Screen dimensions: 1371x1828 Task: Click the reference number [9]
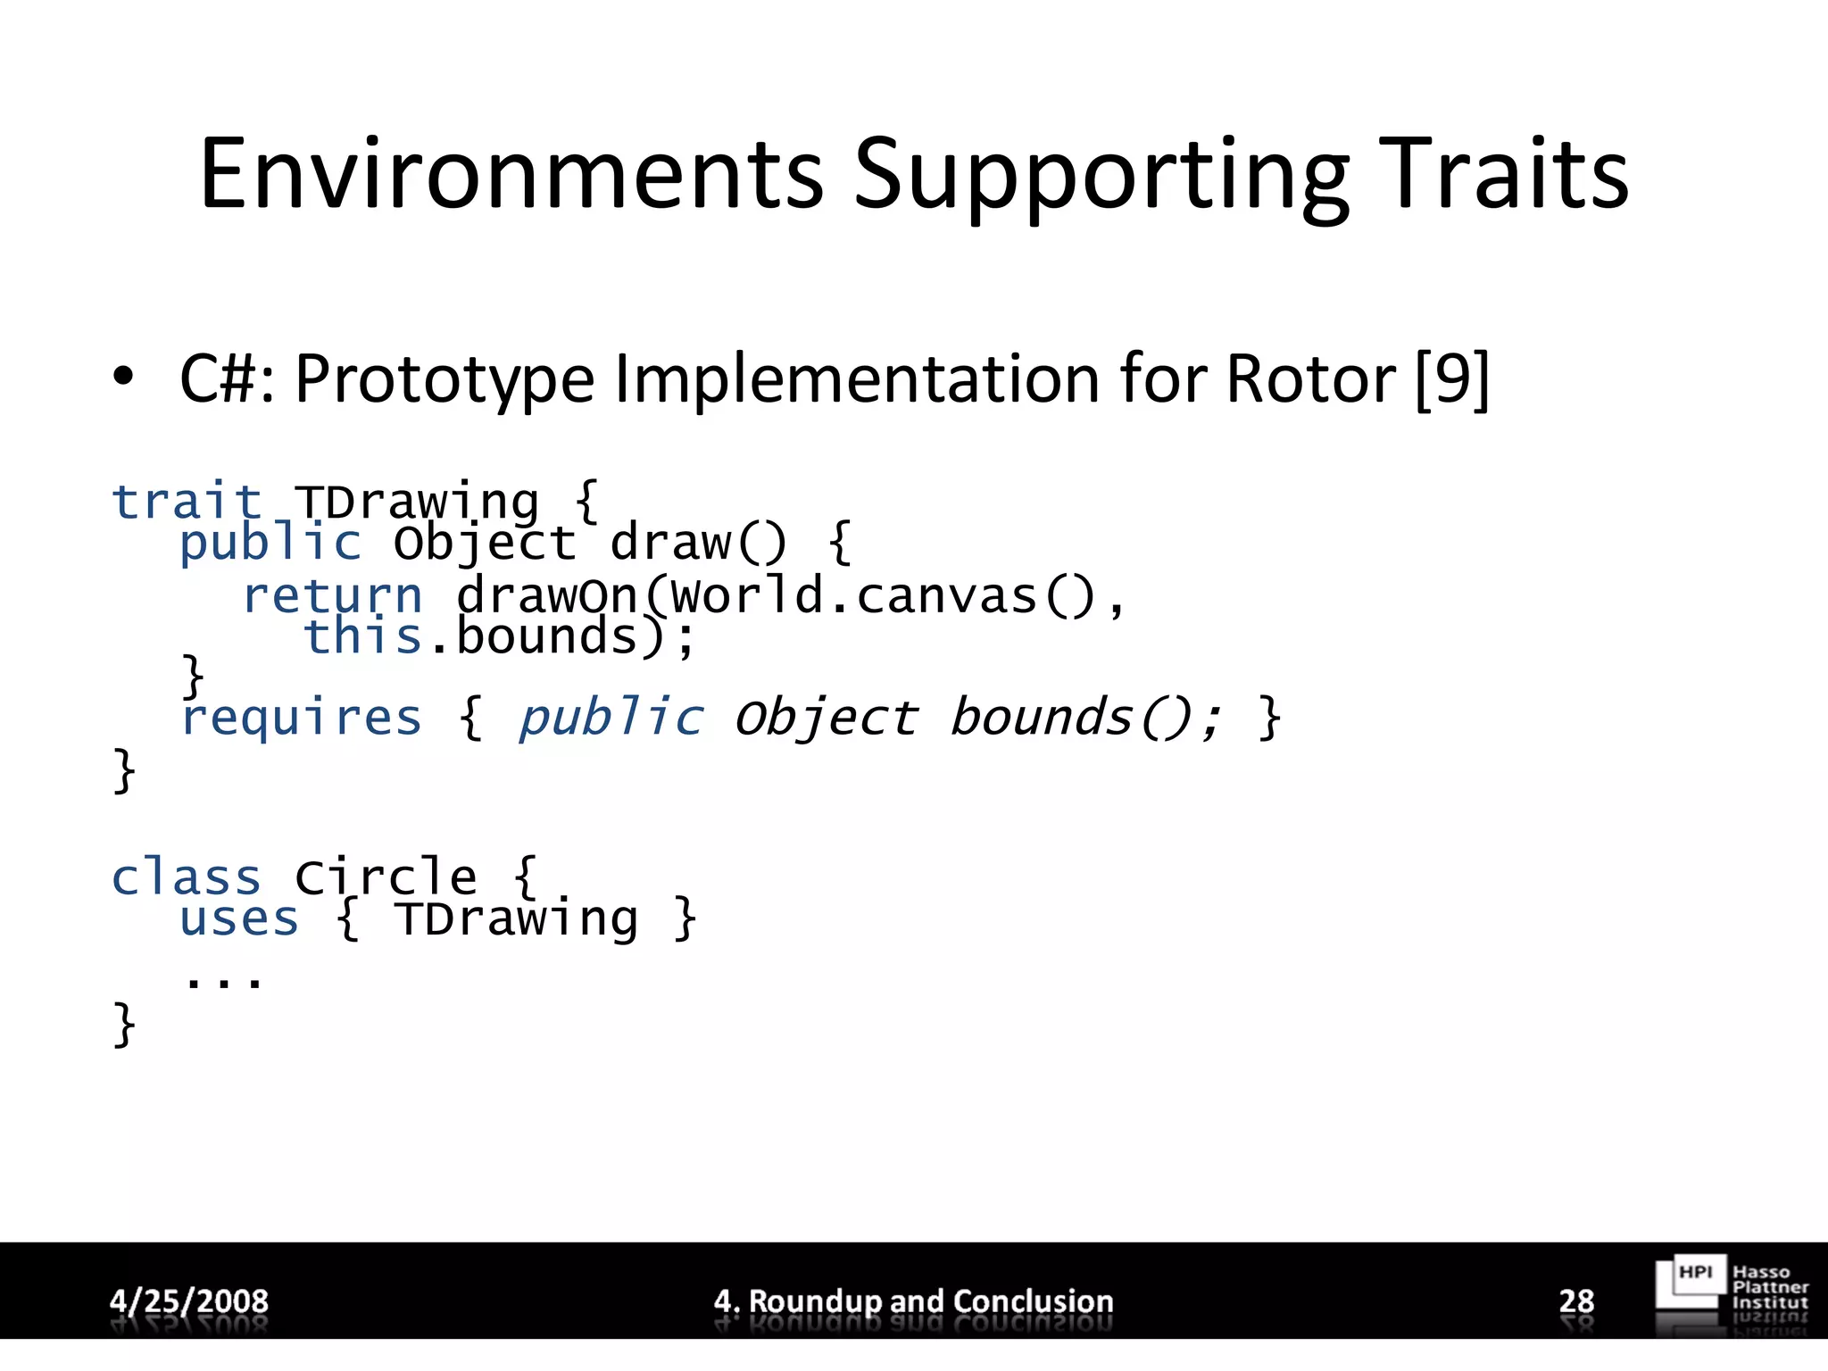coord(1452,379)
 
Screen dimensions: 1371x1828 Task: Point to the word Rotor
coord(1310,379)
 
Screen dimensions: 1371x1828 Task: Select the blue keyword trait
coord(186,502)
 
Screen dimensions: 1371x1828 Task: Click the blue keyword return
coord(332,596)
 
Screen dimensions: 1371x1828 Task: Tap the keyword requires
coord(302,719)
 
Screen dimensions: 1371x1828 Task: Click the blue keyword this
coord(362,637)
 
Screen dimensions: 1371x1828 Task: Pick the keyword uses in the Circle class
coord(238,919)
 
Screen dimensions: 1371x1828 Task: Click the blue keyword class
coord(186,877)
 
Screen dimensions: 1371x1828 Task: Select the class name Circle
coord(386,877)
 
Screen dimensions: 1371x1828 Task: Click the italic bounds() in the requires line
coord(1084,719)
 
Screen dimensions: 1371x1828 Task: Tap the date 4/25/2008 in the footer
coord(188,1300)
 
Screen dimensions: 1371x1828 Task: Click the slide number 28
coord(1576,1300)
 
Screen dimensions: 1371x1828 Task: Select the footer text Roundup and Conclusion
coord(930,1300)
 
